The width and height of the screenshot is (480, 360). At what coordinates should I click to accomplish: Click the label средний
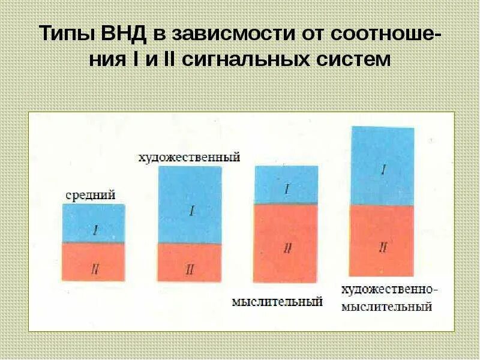[90, 195]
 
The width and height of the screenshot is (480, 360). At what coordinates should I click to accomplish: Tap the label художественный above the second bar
[189, 158]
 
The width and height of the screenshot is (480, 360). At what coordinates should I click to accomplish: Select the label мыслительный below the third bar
[277, 301]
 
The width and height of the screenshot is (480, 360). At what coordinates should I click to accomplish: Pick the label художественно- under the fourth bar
[389, 290]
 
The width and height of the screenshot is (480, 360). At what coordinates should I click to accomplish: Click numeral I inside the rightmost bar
[383, 170]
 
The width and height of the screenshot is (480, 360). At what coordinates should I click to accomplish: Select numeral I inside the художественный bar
[191, 211]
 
